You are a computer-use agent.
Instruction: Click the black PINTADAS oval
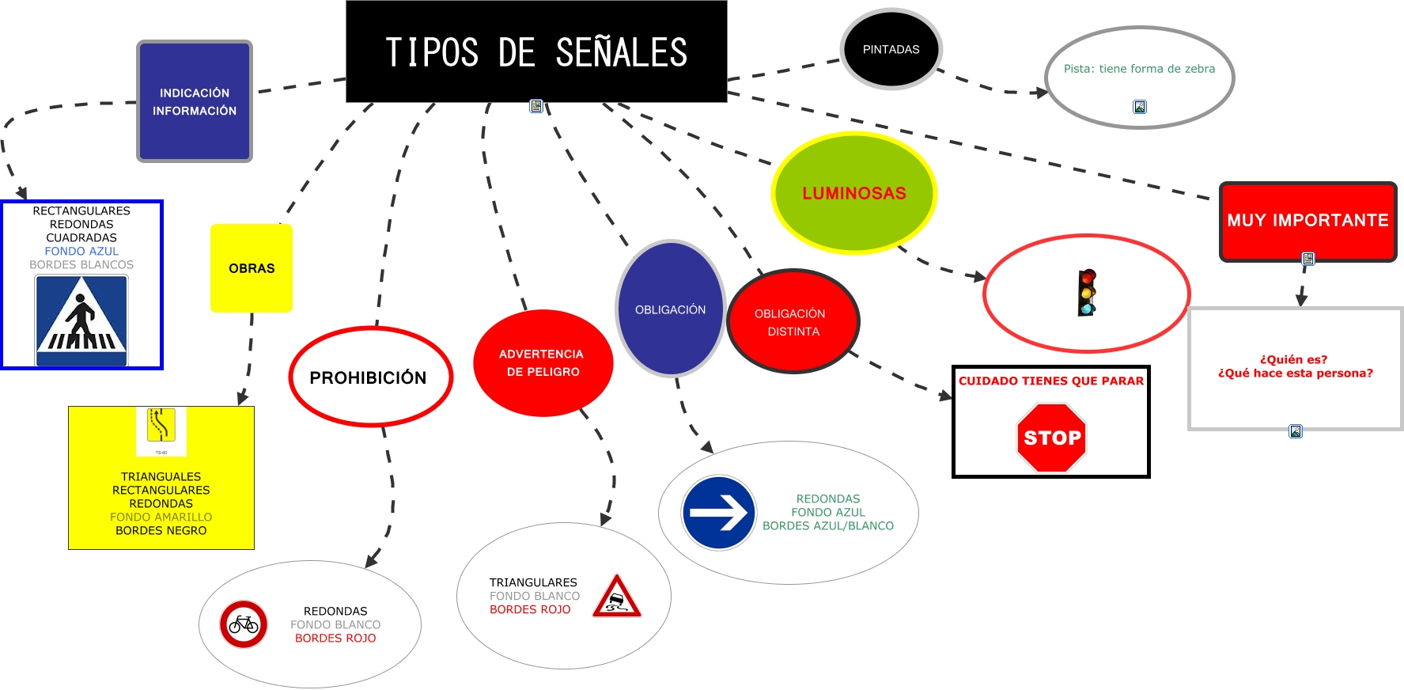pyautogui.click(x=891, y=49)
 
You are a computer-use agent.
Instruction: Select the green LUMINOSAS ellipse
pyautogui.click(x=853, y=193)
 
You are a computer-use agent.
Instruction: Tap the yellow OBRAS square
pyautogui.click(x=252, y=268)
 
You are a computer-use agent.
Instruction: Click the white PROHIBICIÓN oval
pyautogui.click(x=369, y=377)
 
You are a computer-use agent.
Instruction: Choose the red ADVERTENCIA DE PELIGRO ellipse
pyautogui.click(x=543, y=362)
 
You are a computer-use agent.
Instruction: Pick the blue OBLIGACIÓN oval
pyautogui.click(x=670, y=309)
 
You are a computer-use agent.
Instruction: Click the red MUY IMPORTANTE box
pyautogui.click(x=1307, y=220)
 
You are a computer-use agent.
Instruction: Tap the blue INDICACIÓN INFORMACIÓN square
pyautogui.click(x=195, y=101)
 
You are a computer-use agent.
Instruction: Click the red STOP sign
pyautogui.click(x=1051, y=438)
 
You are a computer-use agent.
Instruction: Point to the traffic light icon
pyautogui.click(x=1087, y=292)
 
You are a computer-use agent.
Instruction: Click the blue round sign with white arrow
pyautogui.click(x=719, y=513)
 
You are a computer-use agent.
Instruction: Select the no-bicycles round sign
pyautogui.click(x=244, y=624)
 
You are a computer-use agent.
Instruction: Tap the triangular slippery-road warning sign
pyautogui.click(x=617, y=597)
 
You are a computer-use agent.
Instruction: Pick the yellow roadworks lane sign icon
pyautogui.click(x=161, y=426)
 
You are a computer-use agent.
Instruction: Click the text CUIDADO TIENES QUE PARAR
pyautogui.click(x=1051, y=381)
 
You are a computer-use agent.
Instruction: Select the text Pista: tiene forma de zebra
pyautogui.click(x=1139, y=69)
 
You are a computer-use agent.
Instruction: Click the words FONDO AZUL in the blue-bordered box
pyautogui.click(x=81, y=251)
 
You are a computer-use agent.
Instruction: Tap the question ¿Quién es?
pyautogui.click(x=1294, y=359)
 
